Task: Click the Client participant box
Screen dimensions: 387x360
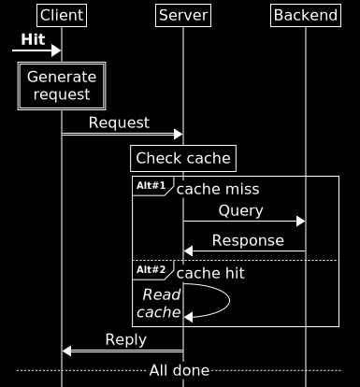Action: pos(62,15)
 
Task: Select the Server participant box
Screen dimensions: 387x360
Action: pos(183,15)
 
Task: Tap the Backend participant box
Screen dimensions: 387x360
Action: pos(305,15)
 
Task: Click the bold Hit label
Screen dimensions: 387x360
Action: pos(33,40)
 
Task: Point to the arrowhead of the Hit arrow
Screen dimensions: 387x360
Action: pos(57,50)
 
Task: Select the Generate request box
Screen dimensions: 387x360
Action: pos(62,85)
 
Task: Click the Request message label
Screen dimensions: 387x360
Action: pos(119,122)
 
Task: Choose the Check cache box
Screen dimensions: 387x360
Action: pos(183,158)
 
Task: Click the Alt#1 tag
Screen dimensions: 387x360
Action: pos(151,186)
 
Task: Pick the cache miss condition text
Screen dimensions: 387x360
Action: pos(218,190)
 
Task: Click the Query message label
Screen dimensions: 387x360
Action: pos(240,211)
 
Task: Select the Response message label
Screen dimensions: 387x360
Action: pos(248,240)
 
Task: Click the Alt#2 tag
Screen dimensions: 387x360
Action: pos(151,269)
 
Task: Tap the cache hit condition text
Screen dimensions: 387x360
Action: pos(210,273)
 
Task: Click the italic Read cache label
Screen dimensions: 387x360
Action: pos(160,303)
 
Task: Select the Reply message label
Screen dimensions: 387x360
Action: pos(125,339)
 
